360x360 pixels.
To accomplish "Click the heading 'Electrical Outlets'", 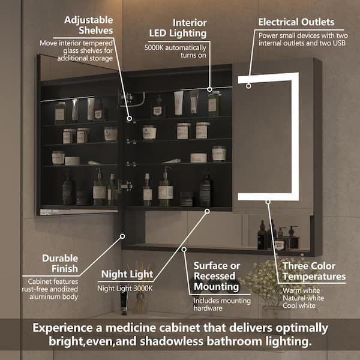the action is [x=296, y=22].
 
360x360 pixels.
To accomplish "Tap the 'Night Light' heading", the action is [x=127, y=274].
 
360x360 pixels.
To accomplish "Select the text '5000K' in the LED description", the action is [x=154, y=48].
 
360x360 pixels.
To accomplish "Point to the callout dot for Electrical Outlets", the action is [x=248, y=86].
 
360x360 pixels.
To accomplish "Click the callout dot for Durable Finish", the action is [x=122, y=236].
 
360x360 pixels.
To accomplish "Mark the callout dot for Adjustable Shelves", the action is [x=129, y=118].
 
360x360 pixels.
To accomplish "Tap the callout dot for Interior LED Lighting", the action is [x=209, y=89].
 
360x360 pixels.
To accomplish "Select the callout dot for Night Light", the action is [x=207, y=211].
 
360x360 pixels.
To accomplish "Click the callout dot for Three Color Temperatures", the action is [x=268, y=202].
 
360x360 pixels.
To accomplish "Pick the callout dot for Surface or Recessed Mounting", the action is [x=184, y=250].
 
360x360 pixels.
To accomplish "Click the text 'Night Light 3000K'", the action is [x=125, y=289].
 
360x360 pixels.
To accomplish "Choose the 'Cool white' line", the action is [x=299, y=305].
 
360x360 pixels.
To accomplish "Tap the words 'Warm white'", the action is [x=301, y=290].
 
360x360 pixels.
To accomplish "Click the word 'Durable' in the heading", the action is [x=60, y=258].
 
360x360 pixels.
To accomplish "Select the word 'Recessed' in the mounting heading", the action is [x=214, y=276].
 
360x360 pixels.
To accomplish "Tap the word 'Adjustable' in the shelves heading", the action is [x=89, y=20].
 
